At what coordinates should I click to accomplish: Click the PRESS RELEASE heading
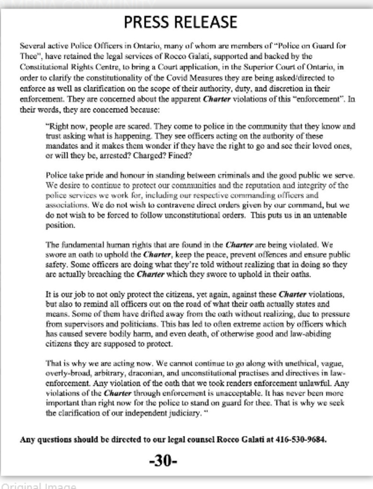pyautogui.click(x=180, y=22)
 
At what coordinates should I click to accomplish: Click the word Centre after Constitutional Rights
pyautogui.click(x=92, y=67)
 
